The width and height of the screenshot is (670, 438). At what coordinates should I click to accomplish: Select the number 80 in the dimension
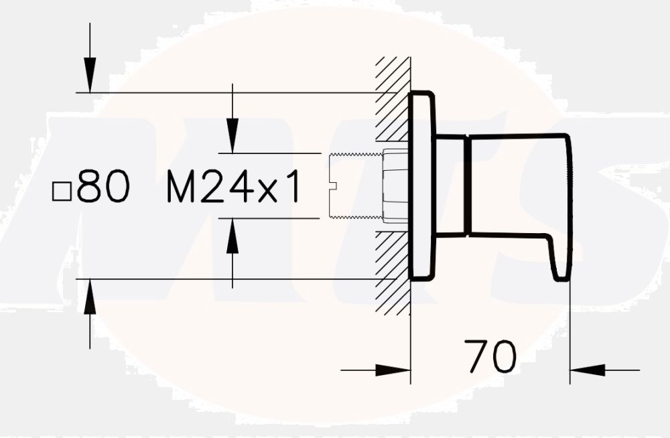coord(103,187)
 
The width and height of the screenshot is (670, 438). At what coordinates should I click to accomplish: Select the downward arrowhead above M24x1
coord(232,138)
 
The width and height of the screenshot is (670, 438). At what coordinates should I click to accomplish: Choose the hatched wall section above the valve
coord(393,100)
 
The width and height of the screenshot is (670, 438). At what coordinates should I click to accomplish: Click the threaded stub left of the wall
coord(355,186)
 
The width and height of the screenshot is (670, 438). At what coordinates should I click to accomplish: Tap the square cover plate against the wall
coord(422,186)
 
